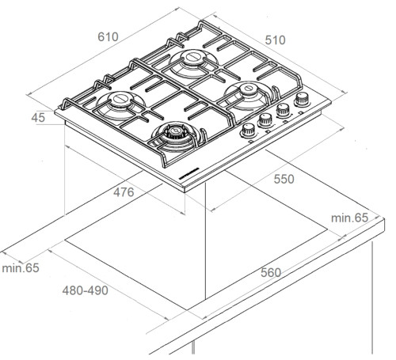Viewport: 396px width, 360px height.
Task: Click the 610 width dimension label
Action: (108, 37)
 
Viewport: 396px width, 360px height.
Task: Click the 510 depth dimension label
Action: (276, 40)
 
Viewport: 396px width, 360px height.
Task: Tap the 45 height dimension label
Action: (38, 118)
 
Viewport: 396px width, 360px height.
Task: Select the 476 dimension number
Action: (124, 192)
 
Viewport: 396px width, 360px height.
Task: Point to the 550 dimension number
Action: (284, 179)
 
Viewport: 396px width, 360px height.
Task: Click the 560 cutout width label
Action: (271, 272)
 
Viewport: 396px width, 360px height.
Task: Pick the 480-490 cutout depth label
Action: (86, 290)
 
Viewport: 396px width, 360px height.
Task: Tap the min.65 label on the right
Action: (349, 218)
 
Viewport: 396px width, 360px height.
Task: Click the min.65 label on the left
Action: (21, 268)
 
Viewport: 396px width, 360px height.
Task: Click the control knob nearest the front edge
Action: (248, 130)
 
